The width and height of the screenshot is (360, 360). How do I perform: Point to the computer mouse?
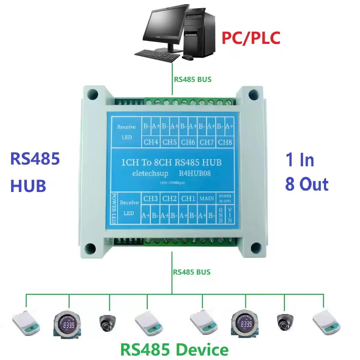[187, 57]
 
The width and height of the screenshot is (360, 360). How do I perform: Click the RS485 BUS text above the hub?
[193, 79]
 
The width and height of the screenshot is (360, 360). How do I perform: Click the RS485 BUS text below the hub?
[192, 272]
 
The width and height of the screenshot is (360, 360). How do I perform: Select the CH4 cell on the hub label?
[151, 142]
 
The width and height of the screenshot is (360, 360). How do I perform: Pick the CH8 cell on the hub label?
[225, 142]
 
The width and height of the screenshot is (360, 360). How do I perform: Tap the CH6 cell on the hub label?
[188, 142]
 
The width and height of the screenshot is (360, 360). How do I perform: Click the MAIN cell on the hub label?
[207, 198]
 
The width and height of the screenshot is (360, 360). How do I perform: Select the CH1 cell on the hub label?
[188, 198]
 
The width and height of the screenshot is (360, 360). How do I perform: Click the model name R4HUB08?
[195, 173]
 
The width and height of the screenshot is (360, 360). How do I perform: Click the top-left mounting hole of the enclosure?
[92, 93]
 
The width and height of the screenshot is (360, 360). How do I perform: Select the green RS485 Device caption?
[175, 349]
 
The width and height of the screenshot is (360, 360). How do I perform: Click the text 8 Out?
[307, 184]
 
